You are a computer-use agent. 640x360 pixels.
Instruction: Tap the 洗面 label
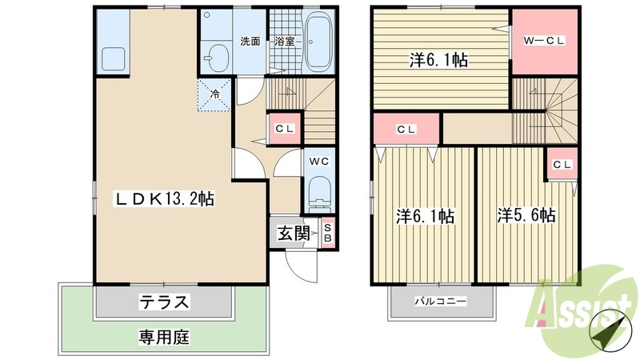coord(250,42)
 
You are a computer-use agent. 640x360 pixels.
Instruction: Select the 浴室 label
coord(284,42)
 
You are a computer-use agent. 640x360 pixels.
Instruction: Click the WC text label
coord(319,159)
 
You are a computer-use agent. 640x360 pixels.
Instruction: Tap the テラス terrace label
coord(166,302)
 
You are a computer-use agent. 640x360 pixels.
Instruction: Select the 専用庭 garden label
coord(166,337)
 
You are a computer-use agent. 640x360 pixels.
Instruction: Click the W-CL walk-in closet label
coord(545,39)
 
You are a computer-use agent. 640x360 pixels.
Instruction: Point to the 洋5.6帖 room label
coord(527,215)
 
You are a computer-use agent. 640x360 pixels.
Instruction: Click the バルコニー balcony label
coord(439,303)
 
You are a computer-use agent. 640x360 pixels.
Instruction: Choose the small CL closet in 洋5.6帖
coord(562,165)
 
